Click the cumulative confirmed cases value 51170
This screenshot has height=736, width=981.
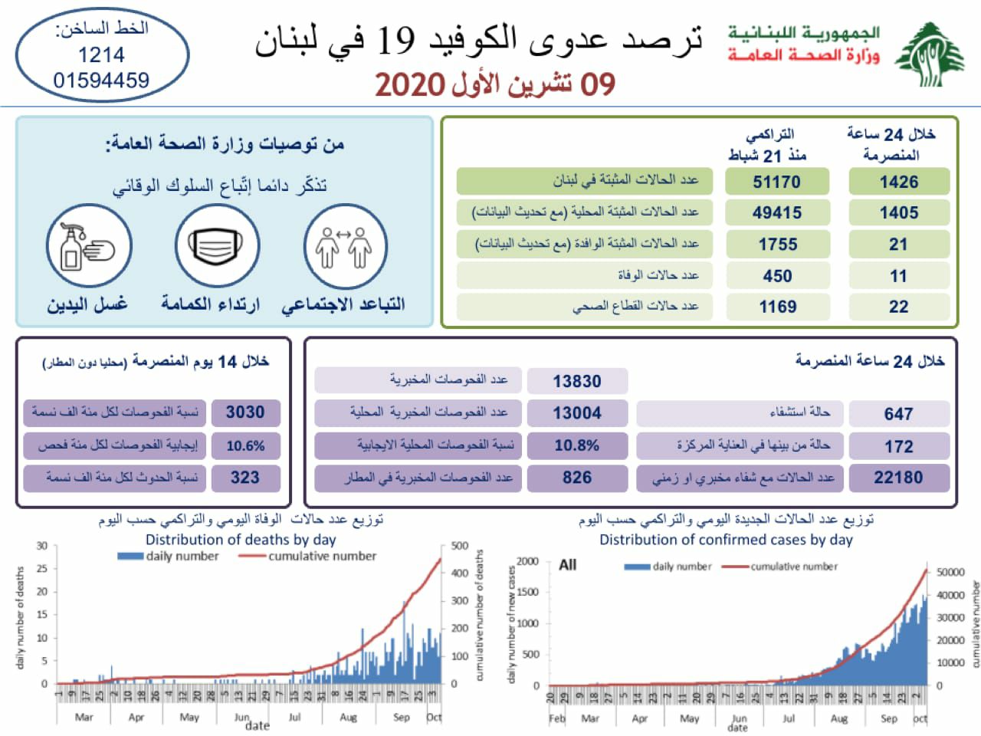point(776,182)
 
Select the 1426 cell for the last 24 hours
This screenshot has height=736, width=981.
point(898,182)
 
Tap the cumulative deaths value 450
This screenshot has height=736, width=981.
point(776,276)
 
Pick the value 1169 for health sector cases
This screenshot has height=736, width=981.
point(777,307)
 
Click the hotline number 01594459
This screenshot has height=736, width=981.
point(101,80)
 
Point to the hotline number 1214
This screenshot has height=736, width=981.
point(101,54)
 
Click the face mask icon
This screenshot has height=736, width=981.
point(217,246)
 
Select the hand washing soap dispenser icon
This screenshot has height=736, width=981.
point(89,246)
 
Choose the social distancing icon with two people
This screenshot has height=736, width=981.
point(344,246)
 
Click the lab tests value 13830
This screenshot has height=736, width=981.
point(577,381)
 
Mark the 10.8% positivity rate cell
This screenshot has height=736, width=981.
point(577,445)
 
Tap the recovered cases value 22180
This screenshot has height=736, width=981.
point(898,478)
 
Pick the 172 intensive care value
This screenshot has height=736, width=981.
point(898,446)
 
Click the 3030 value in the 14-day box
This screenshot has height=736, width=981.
point(245,412)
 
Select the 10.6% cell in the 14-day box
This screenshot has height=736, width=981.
point(245,445)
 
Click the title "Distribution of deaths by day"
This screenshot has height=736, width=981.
point(241,539)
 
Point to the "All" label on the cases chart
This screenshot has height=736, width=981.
point(567,565)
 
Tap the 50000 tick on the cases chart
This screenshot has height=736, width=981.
point(950,572)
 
